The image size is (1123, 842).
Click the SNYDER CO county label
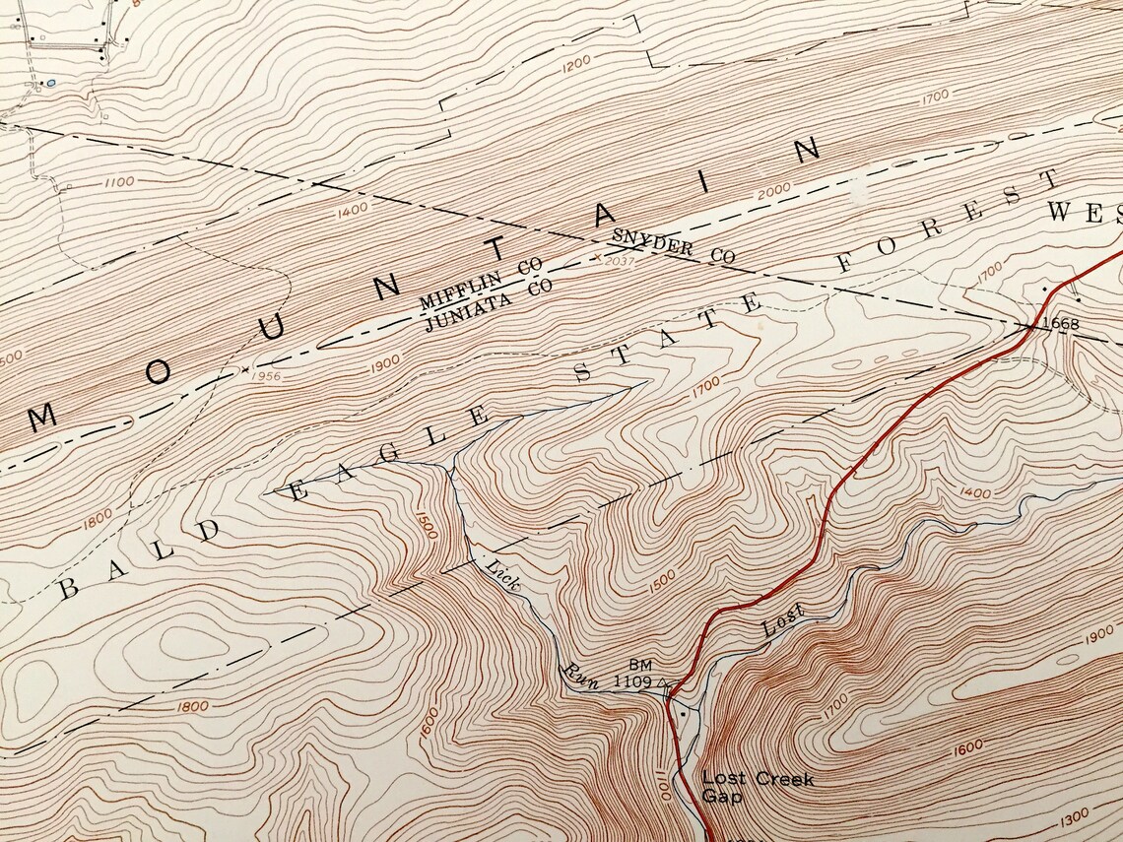[673, 245]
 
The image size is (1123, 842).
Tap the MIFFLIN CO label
[481, 283]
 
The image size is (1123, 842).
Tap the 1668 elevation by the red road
[1060, 323]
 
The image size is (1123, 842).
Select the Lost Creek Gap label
[757, 787]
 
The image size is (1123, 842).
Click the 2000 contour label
[773, 191]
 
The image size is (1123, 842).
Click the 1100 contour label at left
[117, 181]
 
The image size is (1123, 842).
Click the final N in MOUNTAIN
[806, 150]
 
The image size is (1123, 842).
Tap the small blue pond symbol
[50, 84]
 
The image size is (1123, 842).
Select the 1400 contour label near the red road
[973, 491]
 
